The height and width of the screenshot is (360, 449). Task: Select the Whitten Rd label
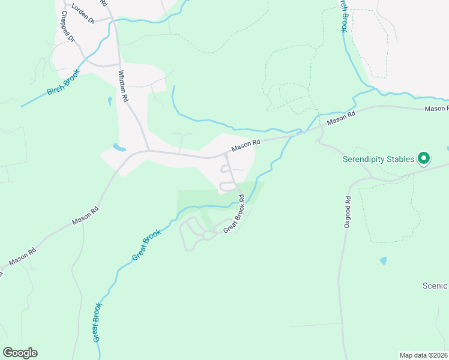pyautogui.click(x=124, y=86)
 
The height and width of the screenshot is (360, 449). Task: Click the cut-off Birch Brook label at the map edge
pyautogui.click(x=343, y=14)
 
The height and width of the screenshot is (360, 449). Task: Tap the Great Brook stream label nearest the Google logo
pyautogui.click(x=97, y=322)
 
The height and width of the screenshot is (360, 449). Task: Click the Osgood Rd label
pyautogui.click(x=348, y=216)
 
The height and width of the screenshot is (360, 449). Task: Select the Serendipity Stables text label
pyautogui.click(x=378, y=159)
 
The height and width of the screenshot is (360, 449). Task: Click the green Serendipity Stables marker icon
pyautogui.click(x=424, y=158)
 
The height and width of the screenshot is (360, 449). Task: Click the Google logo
pyautogui.click(x=20, y=353)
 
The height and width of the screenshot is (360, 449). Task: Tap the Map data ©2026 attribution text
pyautogui.click(x=424, y=355)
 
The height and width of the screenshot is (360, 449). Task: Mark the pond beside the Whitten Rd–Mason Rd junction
pyautogui.click(x=119, y=146)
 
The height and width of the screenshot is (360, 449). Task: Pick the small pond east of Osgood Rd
pyautogui.click(x=383, y=261)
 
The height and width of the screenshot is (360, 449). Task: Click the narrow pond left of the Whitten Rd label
pyautogui.click(x=110, y=101)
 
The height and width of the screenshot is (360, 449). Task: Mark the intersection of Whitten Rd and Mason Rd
pyautogui.click(x=148, y=151)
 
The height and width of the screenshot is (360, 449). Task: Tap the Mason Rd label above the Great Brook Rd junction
pyautogui.click(x=246, y=145)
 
